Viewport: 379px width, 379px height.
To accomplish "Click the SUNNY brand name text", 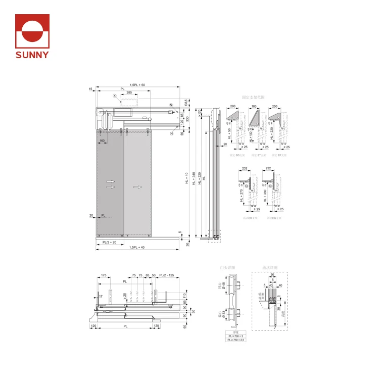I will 32,55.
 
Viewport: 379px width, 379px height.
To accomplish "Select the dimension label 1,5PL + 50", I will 137,85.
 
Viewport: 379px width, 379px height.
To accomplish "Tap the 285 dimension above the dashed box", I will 129,93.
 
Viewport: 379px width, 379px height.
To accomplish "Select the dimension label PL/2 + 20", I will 110,243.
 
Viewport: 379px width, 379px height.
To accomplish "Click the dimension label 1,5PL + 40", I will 137,247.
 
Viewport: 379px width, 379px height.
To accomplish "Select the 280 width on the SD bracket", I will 232,107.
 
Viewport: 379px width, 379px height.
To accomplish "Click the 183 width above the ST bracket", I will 254,107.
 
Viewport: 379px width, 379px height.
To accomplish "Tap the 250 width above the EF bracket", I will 275,107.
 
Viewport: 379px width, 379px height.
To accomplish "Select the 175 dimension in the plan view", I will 104,275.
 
